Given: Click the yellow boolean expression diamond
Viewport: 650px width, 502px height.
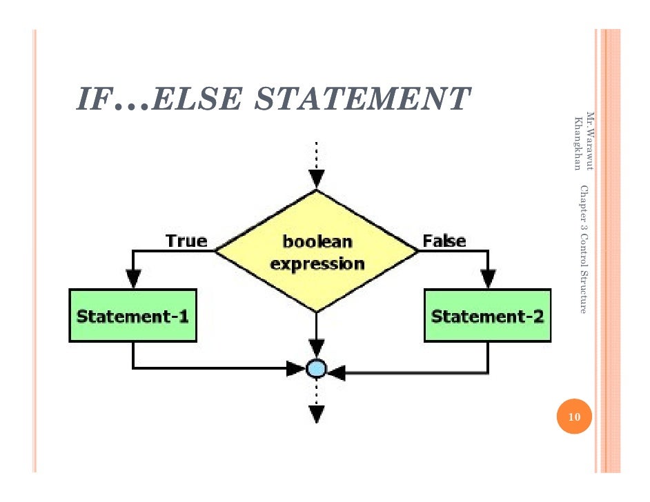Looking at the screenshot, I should [x=316, y=251].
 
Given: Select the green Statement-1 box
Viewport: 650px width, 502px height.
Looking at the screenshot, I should [x=133, y=317].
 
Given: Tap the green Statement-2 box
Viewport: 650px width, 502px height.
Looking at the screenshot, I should [x=487, y=317].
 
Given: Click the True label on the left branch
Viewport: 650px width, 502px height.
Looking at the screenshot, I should [x=186, y=241].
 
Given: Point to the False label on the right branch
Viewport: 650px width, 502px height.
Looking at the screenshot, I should [x=444, y=241].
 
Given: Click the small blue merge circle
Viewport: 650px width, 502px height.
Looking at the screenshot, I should [x=316, y=368].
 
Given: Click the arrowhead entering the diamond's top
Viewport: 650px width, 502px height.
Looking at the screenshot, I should [x=316, y=180].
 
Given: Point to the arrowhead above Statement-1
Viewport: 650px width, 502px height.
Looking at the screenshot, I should [x=133, y=278].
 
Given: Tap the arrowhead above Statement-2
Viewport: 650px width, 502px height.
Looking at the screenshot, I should [x=488, y=278].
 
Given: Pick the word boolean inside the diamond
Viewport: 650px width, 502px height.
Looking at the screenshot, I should [x=317, y=242].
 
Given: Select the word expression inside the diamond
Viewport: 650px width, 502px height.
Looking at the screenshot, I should [x=317, y=263].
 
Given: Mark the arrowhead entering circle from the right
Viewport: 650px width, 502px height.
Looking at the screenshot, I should [x=336, y=373].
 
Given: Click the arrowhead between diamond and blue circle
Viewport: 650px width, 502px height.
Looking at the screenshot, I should [x=316, y=348].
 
